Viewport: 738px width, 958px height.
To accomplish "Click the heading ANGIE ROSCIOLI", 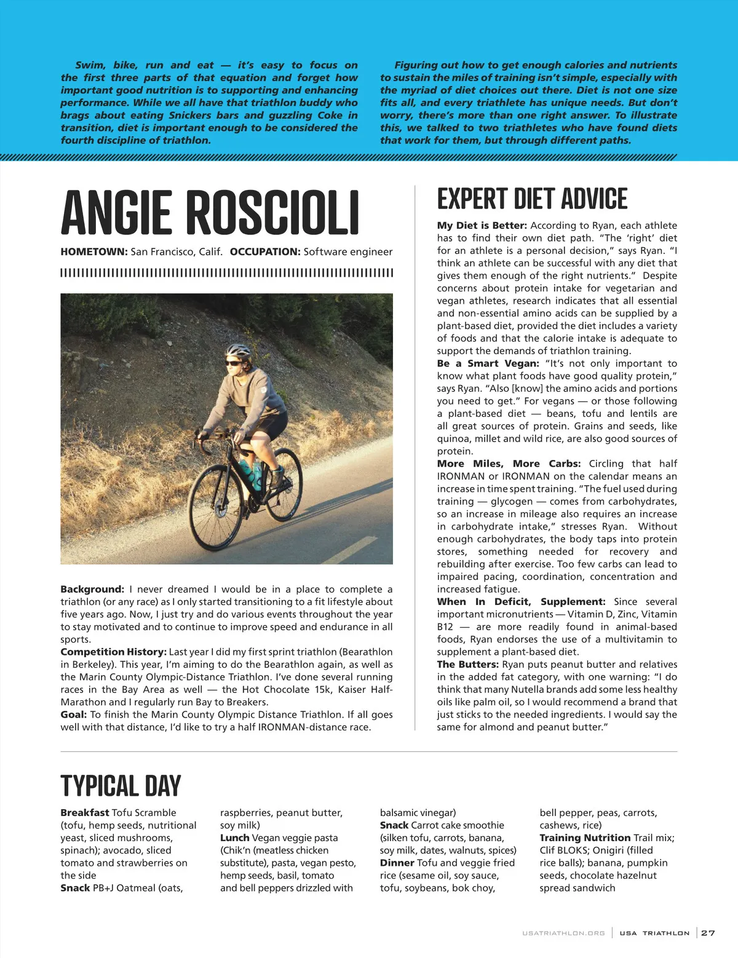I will (210, 213).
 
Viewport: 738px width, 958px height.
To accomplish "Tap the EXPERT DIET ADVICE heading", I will (532, 199).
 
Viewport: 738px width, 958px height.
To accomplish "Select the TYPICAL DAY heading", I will (121, 786).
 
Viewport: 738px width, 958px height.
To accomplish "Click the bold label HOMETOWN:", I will (94, 251).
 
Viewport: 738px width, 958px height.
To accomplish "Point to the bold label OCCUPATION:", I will (264, 251).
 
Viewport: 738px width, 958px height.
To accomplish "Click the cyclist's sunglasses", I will (234, 363).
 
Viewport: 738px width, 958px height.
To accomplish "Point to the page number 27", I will (708, 933).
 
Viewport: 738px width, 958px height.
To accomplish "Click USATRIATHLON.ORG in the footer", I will (563, 933).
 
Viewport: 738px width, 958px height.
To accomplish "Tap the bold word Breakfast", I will (85, 812).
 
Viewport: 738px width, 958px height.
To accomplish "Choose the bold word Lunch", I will (235, 837).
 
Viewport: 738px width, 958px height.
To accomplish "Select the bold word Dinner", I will (397, 863).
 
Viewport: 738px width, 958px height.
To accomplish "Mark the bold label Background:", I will (92, 589).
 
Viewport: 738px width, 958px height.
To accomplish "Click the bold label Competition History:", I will (113, 652).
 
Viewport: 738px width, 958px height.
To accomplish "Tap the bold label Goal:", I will (74, 715).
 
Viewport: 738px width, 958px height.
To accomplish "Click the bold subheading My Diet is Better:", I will (482, 225).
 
